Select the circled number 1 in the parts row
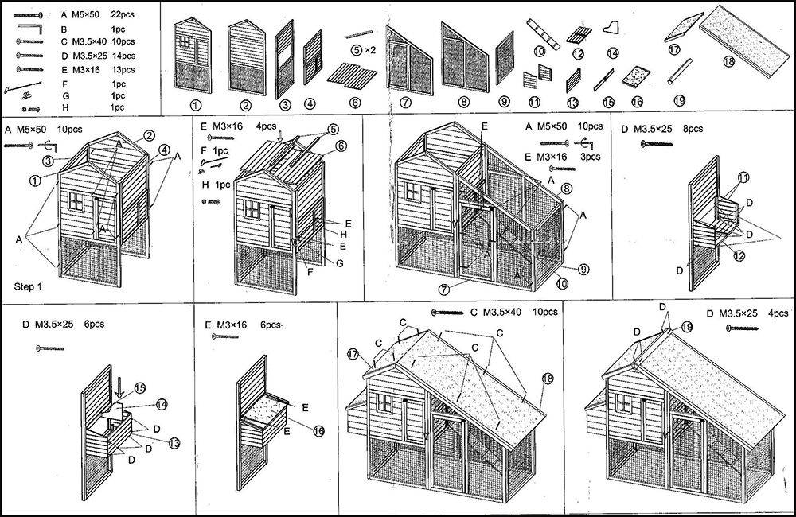point(196,105)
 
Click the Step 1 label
point(28,286)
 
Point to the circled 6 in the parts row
point(355,103)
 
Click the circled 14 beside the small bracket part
point(613,52)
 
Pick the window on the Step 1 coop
point(76,200)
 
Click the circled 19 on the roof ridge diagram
point(686,327)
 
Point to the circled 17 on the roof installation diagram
point(353,354)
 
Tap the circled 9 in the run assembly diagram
point(583,269)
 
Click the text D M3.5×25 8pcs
point(662,129)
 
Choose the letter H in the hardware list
point(65,107)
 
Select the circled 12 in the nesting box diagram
point(739,255)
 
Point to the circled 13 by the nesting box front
point(174,443)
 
